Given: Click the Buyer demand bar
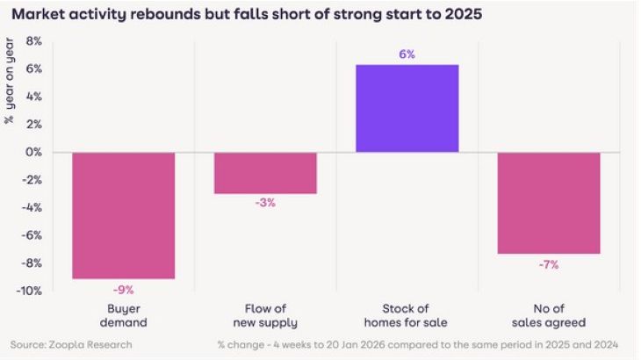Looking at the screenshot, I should [x=123, y=215].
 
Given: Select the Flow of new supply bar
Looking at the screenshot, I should [x=265, y=172].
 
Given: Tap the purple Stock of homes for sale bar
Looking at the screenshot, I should [x=407, y=108].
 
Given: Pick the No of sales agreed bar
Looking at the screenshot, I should [x=549, y=203].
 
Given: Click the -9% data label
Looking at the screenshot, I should [x=123, y=289].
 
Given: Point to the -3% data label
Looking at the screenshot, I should [x=265, y=203].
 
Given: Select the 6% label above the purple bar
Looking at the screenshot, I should [x=407, y=54].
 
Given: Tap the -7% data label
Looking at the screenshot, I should [x=549, y=264].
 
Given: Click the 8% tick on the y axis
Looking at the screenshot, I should [x=33, y=41].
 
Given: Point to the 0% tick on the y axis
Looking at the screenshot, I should [x=33, y=152].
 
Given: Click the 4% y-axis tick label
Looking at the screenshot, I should [x=33, y=97].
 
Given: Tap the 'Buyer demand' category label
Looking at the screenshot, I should [x=123, y=316].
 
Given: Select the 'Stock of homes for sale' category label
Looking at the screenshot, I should [x=407, y=316].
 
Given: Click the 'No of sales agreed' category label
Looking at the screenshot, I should [x=549, y=316].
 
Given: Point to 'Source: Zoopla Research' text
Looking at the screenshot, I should [x=71, y=344].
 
